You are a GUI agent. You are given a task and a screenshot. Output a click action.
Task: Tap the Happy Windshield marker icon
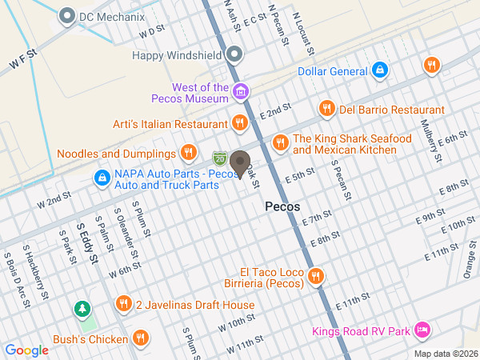(x=234, y=55)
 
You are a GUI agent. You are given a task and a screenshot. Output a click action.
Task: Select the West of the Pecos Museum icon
(x=239, y=93)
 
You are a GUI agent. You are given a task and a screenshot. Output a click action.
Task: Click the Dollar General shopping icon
(x=380, y=71)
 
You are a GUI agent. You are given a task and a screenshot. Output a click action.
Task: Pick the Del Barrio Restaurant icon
(x=326, y=109)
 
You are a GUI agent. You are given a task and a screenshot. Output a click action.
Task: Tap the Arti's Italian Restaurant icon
(x=239, y=123)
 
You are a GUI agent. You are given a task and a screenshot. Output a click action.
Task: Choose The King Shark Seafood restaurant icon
(x=279, y=142)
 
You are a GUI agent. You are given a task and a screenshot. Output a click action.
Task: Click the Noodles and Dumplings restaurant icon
(x=188, y=152)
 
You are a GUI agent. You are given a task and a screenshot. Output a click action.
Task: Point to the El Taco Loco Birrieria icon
(x=316, y=276)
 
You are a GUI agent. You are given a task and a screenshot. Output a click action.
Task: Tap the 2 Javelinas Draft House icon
(x=122, y=304)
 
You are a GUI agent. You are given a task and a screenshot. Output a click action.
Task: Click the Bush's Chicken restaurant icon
(x=141, y=338)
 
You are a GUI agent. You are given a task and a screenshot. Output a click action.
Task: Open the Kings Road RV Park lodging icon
(x=423, y=330)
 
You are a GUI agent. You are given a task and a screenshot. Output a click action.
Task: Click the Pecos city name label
(x=282, y=206)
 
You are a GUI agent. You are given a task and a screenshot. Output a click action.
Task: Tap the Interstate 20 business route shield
(x=219, y=158)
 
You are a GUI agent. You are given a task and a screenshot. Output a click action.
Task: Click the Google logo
(x=26, y=350)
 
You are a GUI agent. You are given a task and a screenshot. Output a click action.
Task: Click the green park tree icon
(x=82, y=309)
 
